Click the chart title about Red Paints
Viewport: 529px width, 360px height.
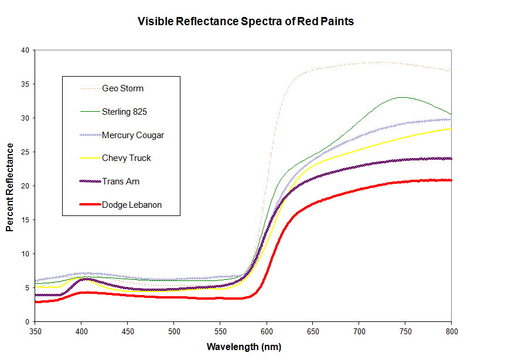tap(245, 22)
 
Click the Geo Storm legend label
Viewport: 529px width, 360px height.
tap(122, 88)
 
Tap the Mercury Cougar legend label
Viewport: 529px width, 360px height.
tap(132, 135)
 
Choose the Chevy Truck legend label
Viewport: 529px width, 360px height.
tap(126, 158)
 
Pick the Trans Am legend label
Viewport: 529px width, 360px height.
tap(121, 181)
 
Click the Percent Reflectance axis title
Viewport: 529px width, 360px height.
tap(10, 186)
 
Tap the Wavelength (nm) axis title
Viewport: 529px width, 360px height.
tap(244, 347)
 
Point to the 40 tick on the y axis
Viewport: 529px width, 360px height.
tap(25, 50)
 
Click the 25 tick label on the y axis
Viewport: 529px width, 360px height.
tap(25, 152)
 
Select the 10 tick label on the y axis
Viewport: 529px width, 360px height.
tap(25, 253)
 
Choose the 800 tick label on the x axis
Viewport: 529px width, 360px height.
tap(451, 330)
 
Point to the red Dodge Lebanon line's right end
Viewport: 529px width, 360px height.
tap(450, 180)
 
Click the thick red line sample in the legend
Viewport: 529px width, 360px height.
tap(88, 205)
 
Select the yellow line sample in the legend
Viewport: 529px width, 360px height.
tap(88, 158)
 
